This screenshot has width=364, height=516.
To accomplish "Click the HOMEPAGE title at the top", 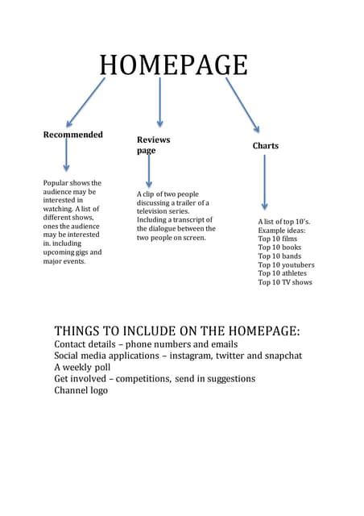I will click(173, 64).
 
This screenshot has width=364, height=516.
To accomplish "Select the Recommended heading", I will click(72, 135).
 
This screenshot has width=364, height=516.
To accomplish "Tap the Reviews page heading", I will click(153, 145).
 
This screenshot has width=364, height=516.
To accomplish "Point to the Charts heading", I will click(265, 146).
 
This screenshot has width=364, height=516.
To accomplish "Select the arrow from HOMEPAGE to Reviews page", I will click(159, 102).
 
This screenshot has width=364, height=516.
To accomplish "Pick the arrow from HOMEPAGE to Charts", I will click(242, 104).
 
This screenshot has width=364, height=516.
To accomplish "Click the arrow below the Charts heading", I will click(264, 182).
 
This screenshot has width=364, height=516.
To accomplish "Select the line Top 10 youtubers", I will click(286, 264).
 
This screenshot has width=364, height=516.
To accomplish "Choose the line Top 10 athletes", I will click(283, 273).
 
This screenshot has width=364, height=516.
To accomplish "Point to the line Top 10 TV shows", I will click(285, 282).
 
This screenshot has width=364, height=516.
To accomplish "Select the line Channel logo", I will click(81, 390).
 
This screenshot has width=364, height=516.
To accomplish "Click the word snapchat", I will click(279, 355).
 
